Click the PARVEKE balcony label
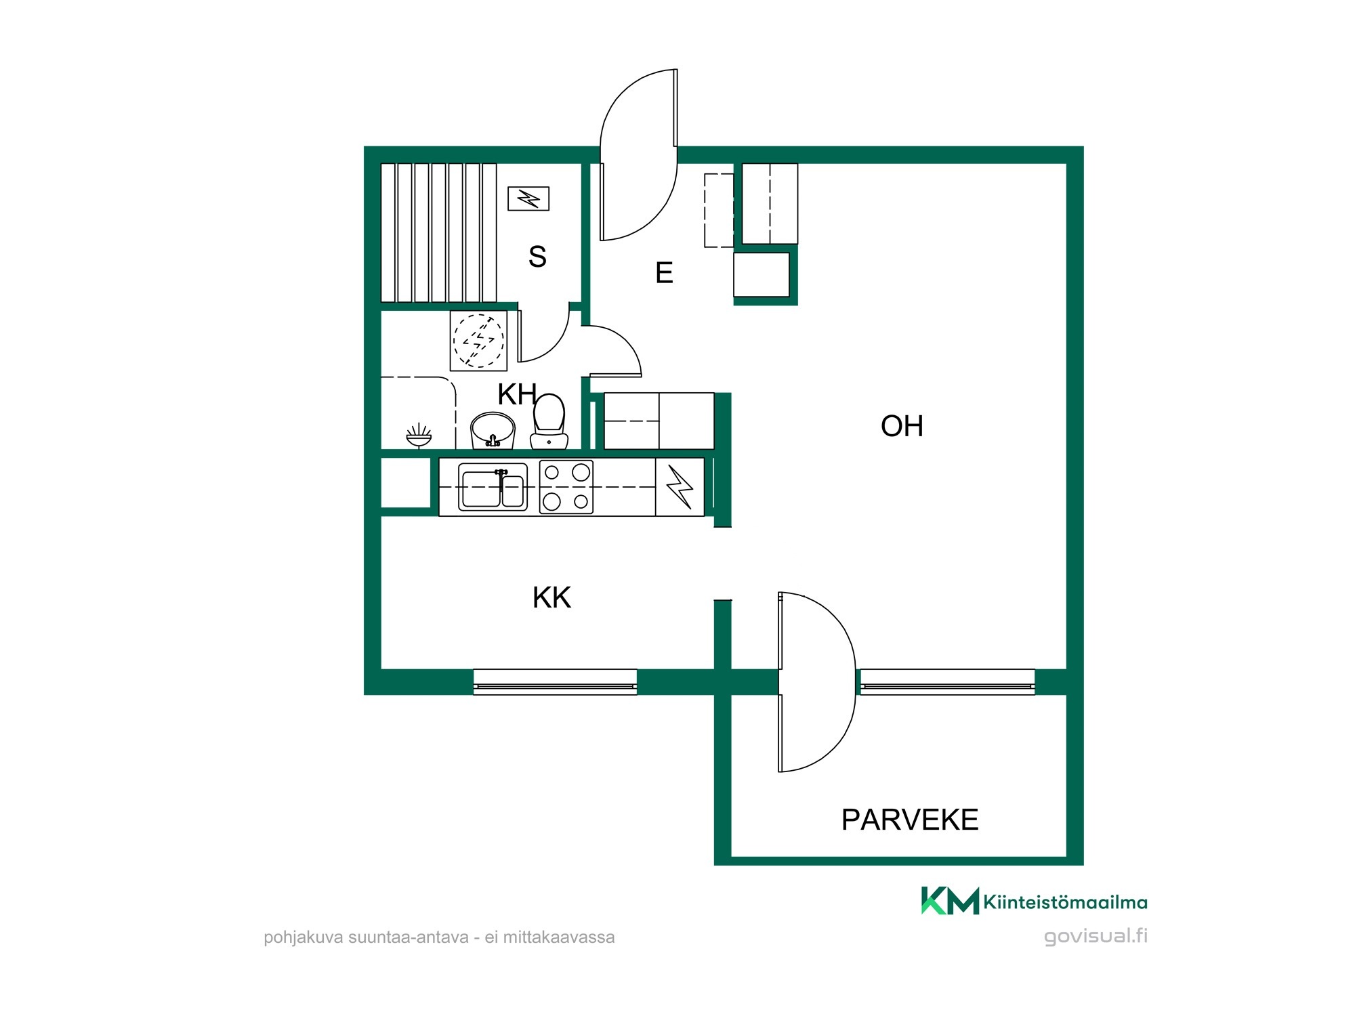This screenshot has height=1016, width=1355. click(x=910, y=820)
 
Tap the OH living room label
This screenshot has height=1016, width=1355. click(x=902, y=426)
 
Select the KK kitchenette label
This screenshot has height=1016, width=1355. click(x=551, y=597)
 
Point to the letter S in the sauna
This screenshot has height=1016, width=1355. click(x=537, y=257)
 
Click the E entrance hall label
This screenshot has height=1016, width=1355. click(x=664, y=273)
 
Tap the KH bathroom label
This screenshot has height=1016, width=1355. click(x=518, y=394)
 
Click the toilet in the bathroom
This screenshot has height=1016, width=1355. click(x=549, y=421)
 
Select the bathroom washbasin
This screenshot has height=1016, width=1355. click(x=493, y=430)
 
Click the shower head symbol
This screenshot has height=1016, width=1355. click(x=419, y=436)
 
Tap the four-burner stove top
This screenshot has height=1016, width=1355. click(x=566, y=487)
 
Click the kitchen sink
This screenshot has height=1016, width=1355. click(x=493, y=486)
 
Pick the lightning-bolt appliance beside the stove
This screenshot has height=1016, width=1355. click(x=680, y=487)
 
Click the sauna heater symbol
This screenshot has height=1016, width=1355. click(x=528, y=198)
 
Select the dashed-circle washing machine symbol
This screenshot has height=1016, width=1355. click(x=479, y=341)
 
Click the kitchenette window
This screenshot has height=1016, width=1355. click(x=555, y=682)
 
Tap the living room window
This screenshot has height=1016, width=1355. click(x=947, y=682)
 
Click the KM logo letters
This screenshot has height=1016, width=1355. click(x=950, y=900)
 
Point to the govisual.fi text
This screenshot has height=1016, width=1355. click(x=1096, y=936)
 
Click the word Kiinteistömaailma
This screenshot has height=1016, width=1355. click(x=1065, y=902)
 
